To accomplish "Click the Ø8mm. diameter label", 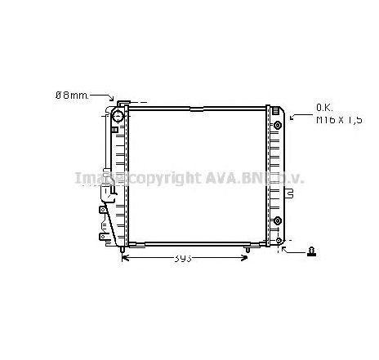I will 72,95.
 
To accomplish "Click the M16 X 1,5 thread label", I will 338,119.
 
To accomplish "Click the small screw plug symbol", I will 311,251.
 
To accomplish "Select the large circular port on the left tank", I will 117,117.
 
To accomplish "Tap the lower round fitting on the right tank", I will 278,220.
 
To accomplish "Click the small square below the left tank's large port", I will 117,130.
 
